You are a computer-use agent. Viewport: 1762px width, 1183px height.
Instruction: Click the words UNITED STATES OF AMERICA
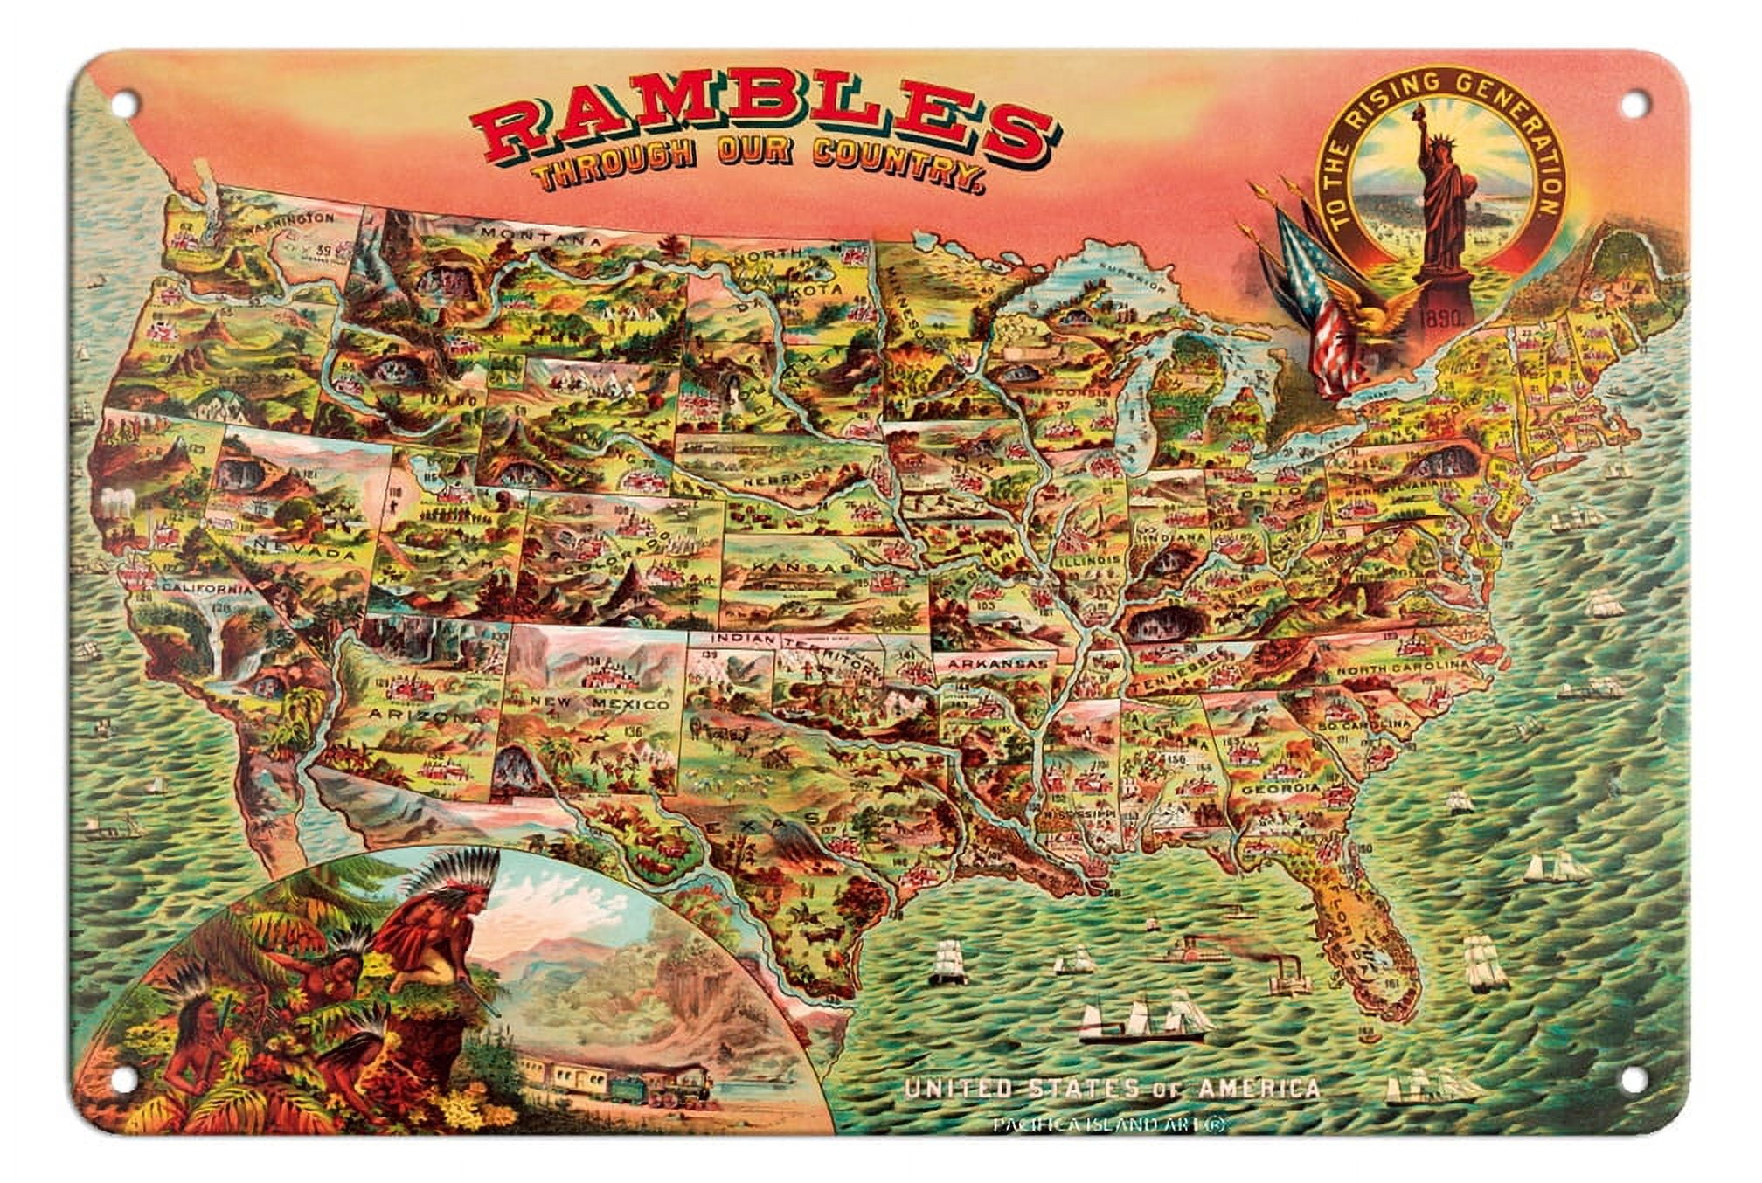1112,1089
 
